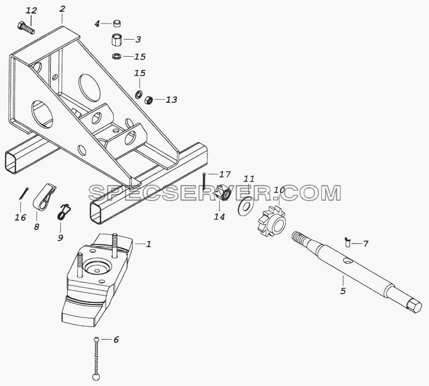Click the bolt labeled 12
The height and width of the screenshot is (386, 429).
pos(26,28)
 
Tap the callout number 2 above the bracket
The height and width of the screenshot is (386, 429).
pos(62,9)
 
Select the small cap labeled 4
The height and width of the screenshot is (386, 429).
pos(117,23)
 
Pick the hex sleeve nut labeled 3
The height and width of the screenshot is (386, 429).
pos(117,40)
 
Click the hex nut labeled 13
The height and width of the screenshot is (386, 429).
pos(149,100)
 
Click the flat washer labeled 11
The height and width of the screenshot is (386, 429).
pos(245,206)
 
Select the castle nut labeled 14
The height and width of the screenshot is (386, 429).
pos(223,193)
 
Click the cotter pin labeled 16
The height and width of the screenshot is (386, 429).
pos(24,193)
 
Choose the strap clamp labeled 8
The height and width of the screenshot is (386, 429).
pos(44,197)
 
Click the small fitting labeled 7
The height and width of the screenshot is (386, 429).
pos(347,242)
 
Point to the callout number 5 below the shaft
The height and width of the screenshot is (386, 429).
pos(343,291)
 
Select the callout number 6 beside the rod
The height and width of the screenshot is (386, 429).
pos(116,340)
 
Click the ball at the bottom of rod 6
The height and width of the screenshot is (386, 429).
pos(96,377)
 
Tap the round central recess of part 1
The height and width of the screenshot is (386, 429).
pos(98,266)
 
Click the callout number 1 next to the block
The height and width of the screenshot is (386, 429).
pos(149,244)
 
